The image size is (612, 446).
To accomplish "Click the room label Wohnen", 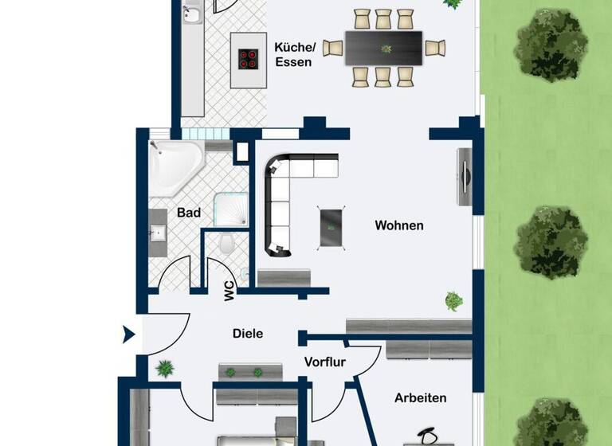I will [399, 225].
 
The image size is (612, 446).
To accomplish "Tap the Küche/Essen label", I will [295, 54].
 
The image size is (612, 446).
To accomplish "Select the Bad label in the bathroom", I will [189, 213].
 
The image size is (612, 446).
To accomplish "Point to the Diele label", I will [248, 334].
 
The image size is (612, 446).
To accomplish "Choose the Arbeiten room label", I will [420, 397].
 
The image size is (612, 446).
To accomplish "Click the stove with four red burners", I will [248, 59].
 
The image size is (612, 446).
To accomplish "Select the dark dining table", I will [384, 48].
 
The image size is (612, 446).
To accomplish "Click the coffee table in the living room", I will [331, 227].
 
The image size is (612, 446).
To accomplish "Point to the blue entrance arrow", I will [128, 334].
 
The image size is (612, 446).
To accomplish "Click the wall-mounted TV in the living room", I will [464, 176].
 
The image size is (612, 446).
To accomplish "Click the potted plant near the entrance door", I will [166, 369].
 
